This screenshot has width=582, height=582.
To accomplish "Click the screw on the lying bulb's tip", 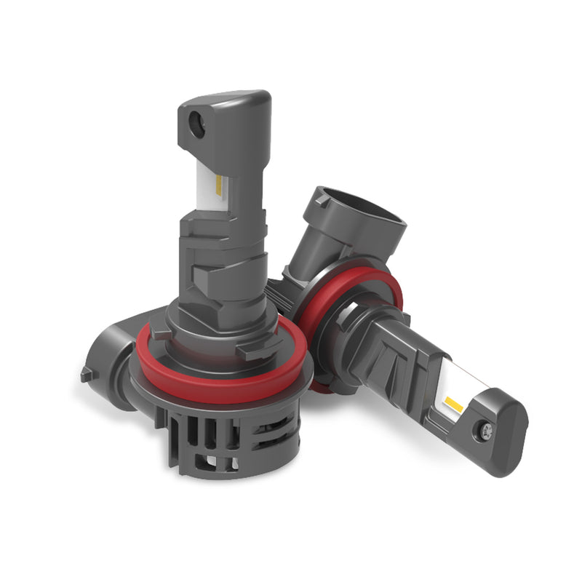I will point(486,430).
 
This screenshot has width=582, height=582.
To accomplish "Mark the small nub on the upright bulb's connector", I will point(86,375).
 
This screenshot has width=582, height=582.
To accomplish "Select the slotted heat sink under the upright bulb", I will point(218,436).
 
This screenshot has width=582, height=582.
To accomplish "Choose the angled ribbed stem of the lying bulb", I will point(393,349).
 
